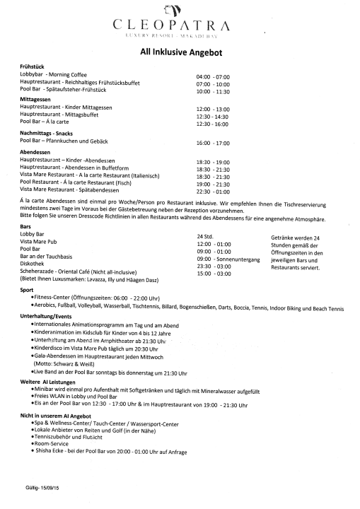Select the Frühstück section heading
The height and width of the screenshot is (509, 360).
33,66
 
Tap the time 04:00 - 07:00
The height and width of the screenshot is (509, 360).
213,76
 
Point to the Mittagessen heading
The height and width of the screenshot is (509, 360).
35,100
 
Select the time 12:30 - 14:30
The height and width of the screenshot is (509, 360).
213,116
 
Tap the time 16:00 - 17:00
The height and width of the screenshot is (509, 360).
213,143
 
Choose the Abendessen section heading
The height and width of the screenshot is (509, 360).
35,152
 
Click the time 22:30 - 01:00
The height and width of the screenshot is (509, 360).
213,191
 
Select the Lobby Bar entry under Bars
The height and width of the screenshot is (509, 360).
33,233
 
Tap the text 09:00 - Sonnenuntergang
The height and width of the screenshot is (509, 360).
228,258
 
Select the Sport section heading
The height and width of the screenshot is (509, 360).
27,290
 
